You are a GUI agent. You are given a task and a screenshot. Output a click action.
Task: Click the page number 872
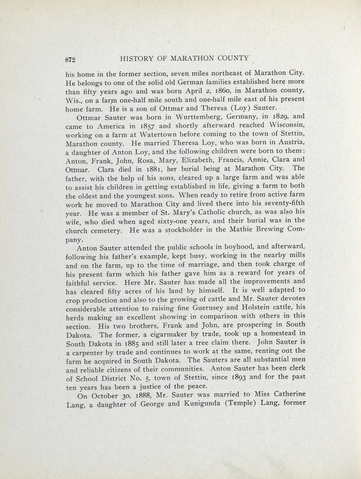(x=70, y=59)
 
